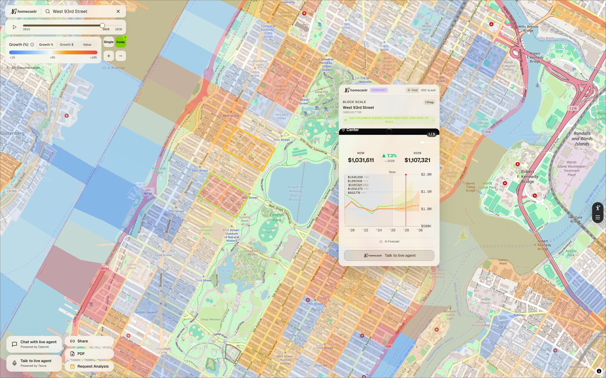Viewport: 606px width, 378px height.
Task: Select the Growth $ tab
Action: click(x=66, y=45)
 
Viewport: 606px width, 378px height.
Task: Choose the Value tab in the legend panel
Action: click(x=87, y=45)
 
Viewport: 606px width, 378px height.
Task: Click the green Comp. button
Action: click(x=120, y=42)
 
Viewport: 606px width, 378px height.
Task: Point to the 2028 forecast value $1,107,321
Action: click(x=417, y=160)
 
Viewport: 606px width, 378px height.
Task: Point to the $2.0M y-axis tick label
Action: click(x=426, y=175)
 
